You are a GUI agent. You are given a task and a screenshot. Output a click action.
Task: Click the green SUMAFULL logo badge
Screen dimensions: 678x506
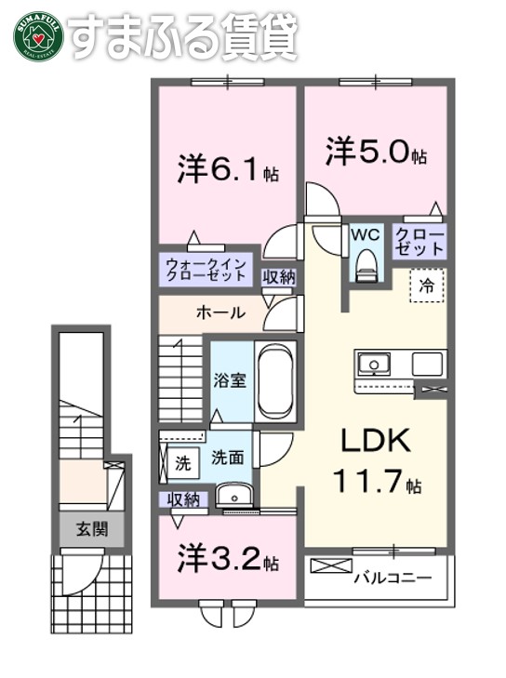[36, 34]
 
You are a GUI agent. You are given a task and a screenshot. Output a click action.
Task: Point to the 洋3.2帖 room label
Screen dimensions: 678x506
[229, 562]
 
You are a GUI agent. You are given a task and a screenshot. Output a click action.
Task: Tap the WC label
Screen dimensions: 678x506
[363, 233]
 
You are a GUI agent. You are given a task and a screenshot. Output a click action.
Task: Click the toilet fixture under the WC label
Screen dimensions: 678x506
[364, 262]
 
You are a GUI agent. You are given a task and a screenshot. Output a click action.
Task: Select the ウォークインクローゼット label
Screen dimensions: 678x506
[206, 271]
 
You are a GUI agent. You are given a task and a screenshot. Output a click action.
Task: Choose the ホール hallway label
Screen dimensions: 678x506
[221, 312]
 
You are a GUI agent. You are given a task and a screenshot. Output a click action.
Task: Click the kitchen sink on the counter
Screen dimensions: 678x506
[378, 363]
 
